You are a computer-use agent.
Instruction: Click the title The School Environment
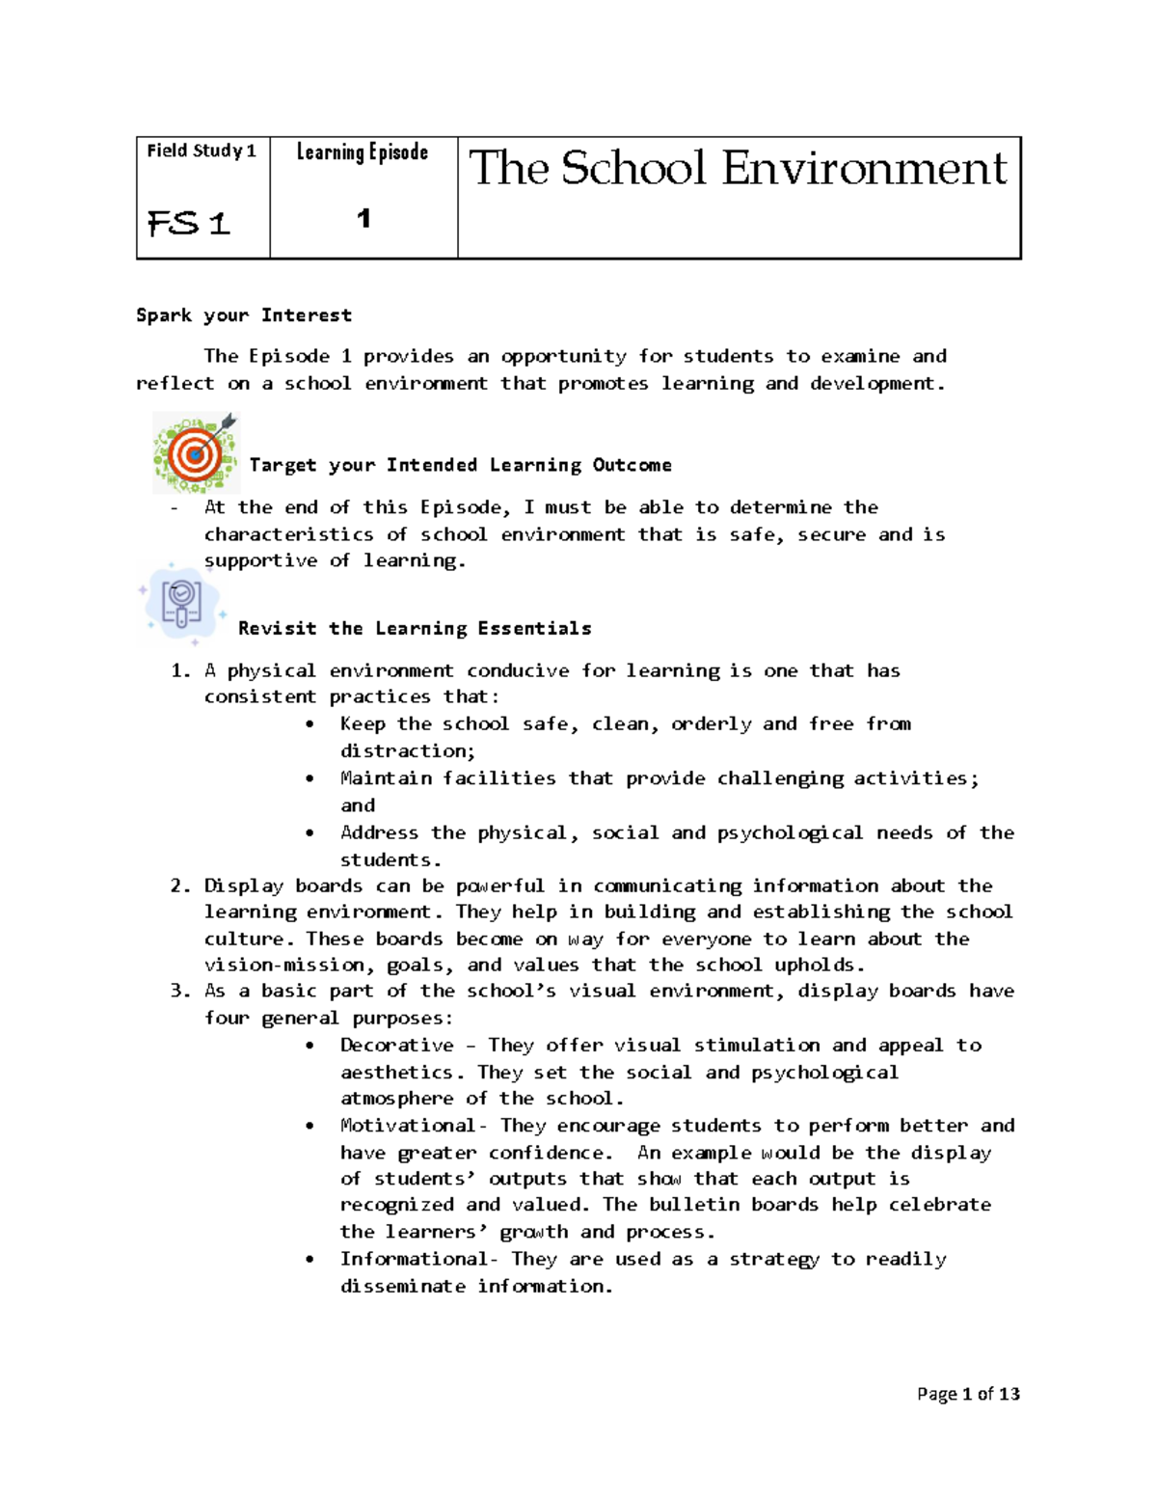click(738, 169)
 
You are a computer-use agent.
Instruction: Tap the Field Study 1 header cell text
click(202, 150)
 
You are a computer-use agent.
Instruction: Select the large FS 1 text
click(189, 224)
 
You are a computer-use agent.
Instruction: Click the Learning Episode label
click(363, 152)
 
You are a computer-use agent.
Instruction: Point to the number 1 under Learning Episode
click(363, 219)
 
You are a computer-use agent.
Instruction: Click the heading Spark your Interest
click(244, 315)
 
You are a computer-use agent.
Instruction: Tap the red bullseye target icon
click(196, 453)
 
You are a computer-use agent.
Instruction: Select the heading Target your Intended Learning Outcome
click(460, 465)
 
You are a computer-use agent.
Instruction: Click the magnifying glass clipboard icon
click(181, 603)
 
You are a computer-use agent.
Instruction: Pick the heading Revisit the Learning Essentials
click(415, 629)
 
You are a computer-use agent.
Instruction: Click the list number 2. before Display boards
click(180, 885)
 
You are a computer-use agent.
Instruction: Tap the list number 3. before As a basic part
click(180, 991)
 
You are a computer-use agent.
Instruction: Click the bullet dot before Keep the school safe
click(309, 724)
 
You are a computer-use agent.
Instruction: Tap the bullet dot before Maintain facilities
click(309, 778)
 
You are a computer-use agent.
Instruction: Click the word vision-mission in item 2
click(284, 965)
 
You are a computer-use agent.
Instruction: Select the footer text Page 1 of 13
click(967, 1394)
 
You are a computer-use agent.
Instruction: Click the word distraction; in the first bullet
click(407, 750)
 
